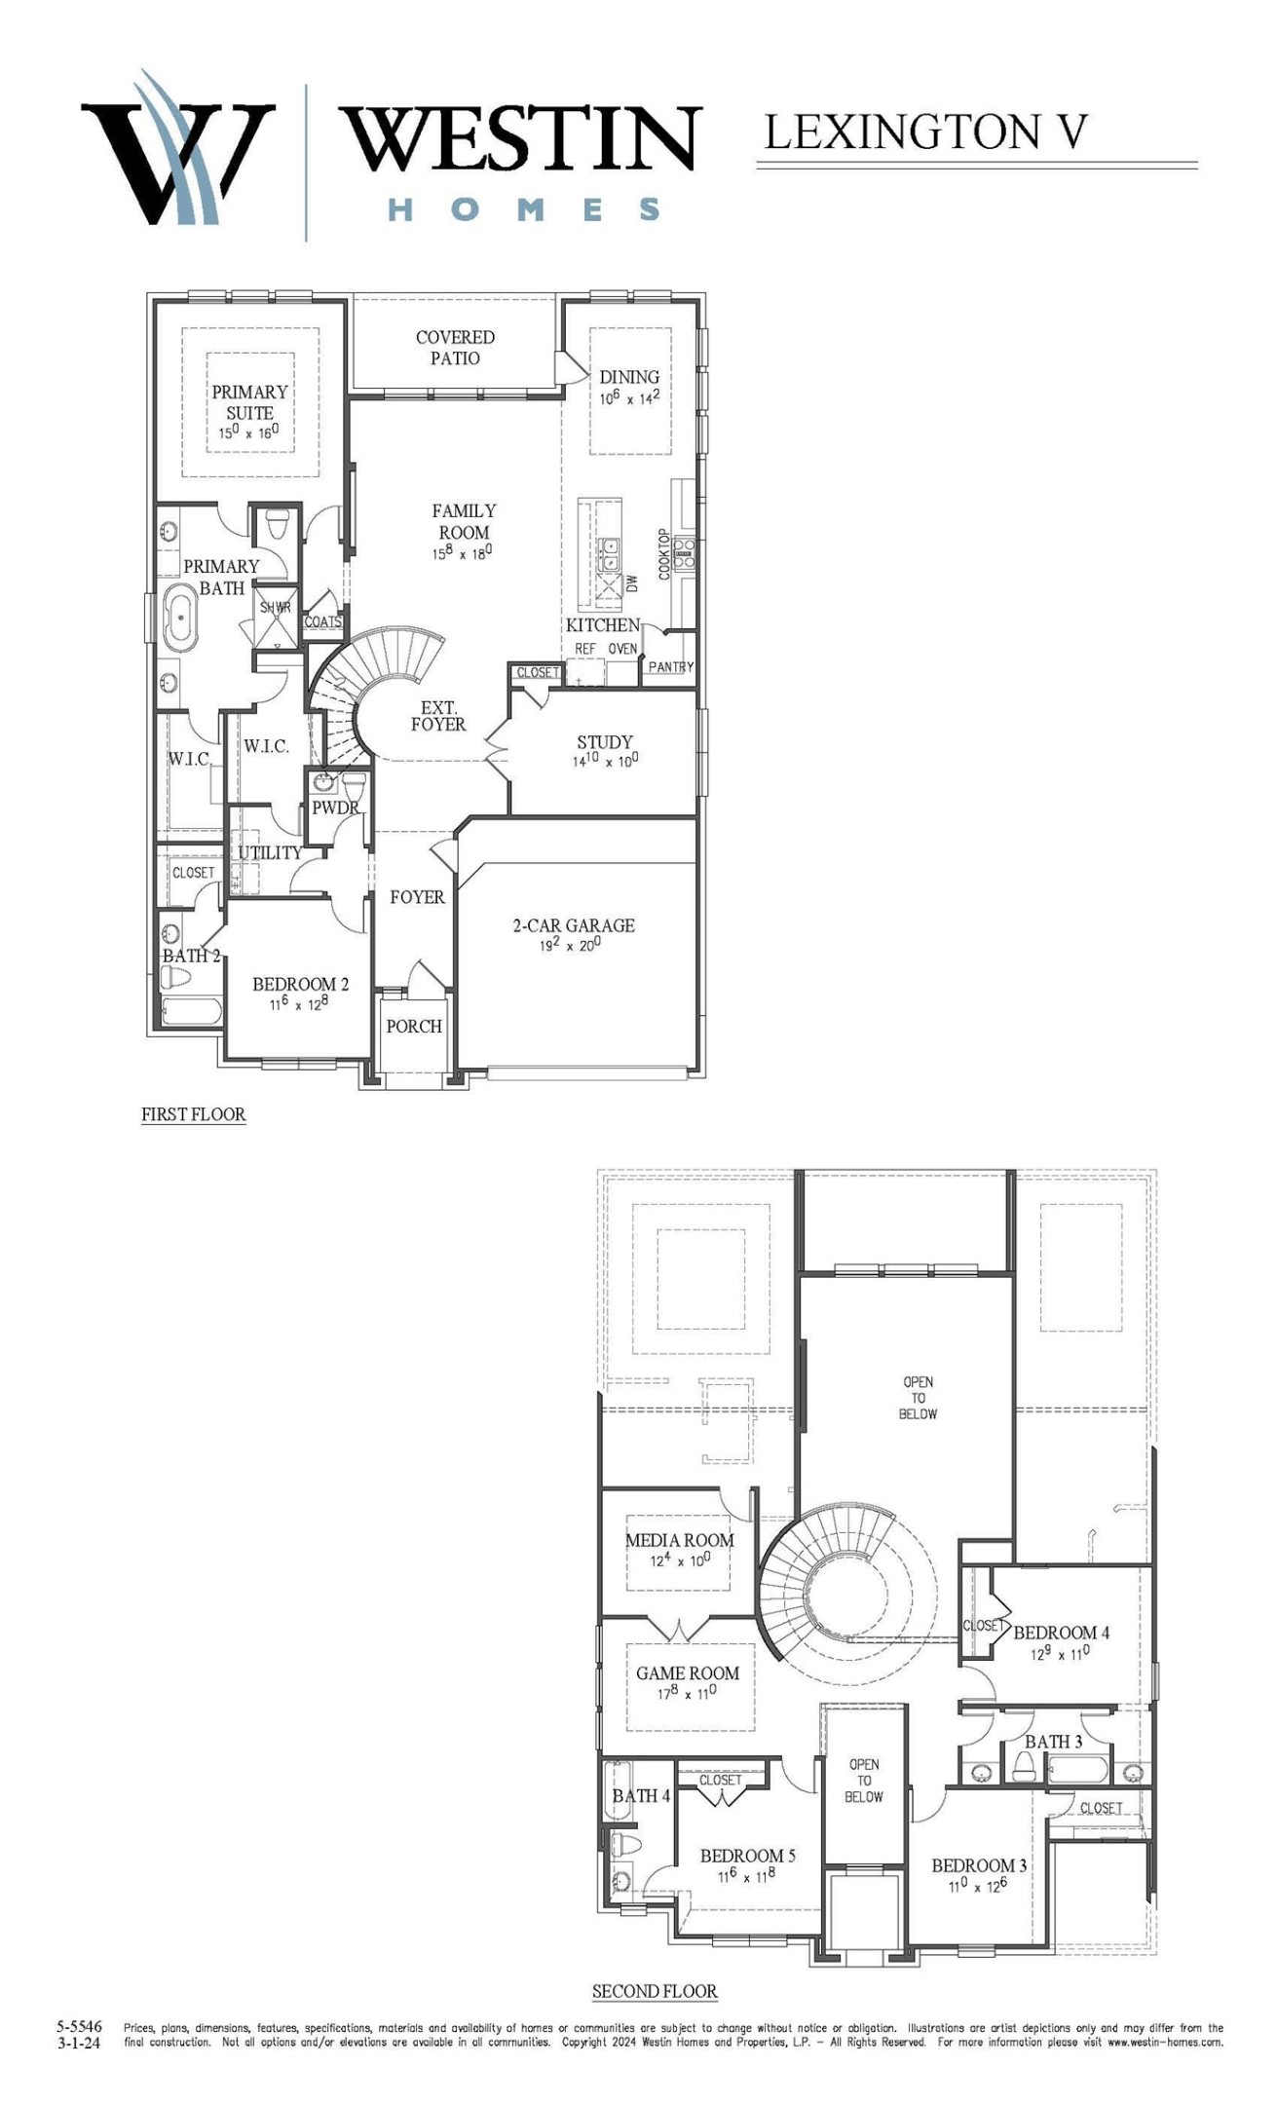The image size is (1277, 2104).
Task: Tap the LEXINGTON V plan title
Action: (924, 131)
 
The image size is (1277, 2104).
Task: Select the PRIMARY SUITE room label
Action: (250, 401)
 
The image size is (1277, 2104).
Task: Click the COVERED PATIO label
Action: (455, 348)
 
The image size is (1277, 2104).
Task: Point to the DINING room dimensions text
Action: (629, 397)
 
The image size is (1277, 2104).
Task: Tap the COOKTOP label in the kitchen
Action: (664, 554)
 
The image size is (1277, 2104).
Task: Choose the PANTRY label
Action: (670, 667)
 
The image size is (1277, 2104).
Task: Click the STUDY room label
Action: (604, 741)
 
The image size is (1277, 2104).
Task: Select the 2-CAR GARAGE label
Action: (574, 925)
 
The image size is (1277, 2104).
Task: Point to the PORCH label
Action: (414, 1026)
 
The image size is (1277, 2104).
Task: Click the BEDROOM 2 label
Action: (300, 984)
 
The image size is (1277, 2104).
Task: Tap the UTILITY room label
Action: (270, 852)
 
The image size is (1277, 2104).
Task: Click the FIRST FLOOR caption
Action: (193, 1114)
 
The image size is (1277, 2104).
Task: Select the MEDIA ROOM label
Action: (679, 1540)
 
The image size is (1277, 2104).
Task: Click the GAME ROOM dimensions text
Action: (687, 1694)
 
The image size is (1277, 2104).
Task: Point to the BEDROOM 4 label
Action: (1061, 1633)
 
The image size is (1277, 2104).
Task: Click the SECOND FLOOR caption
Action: (655, 1992)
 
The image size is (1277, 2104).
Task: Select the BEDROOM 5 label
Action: (747, 1856)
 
